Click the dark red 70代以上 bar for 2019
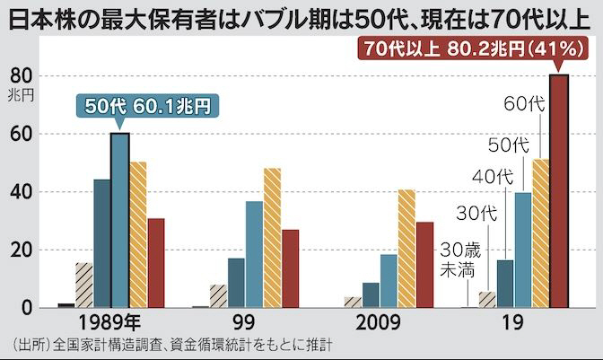pyautogui.click(x=559, y=191)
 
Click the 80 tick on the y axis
pyautogui.click(x=22, y=76)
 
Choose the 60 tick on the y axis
pyautogui.click(x=22, y=135)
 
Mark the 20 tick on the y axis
pyautogui.click(x=22, y=250)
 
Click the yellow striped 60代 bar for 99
pyautogui.click(x=272, y=238)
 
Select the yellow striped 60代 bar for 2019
pyautogui.click(x=540, y=233)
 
